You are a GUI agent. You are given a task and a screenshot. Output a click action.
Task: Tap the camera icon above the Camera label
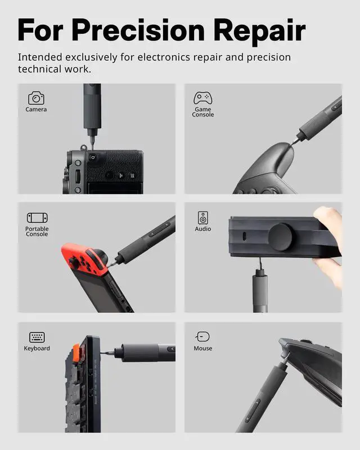(36, 98)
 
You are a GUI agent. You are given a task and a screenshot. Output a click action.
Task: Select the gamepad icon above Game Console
(202, 98)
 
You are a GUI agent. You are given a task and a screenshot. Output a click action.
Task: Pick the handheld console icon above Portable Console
(37, 218)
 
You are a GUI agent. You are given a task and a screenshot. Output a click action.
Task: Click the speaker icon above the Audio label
(202, 218)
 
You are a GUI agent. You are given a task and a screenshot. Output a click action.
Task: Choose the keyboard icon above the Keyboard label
(37, 337)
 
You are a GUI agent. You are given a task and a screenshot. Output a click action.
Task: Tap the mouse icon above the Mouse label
(202, 337)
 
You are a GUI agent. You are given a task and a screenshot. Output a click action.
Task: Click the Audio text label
(203, 229)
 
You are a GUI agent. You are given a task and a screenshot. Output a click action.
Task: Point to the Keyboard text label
(37, 349)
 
